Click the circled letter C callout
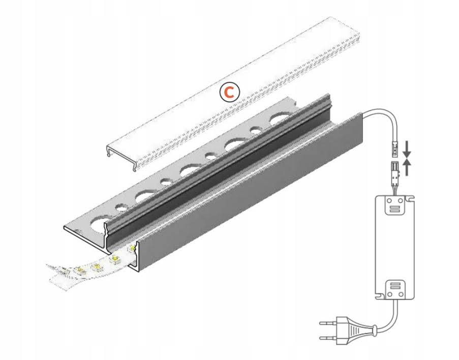(x=230, y=92)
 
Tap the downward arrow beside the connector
(x=407, y=149)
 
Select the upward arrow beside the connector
(x=407, y=167)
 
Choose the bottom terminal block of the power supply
(x=394, y=289)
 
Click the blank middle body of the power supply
(x=394, y=248)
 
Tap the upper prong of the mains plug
(x=328, y=324)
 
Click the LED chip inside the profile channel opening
(x=132, y=248)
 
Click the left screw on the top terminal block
(x=389, y=201)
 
